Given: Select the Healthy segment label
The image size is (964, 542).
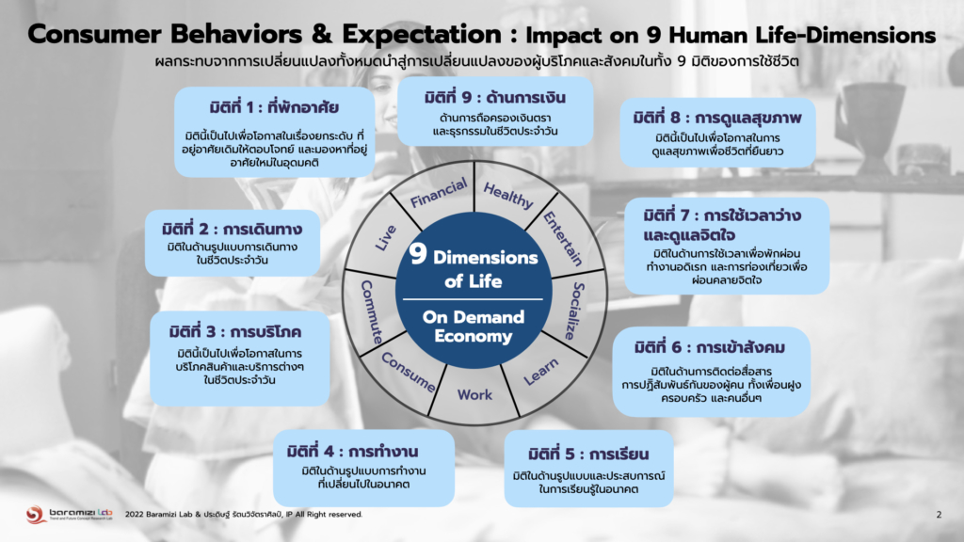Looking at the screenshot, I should pyautogui.click(x=508, y=195).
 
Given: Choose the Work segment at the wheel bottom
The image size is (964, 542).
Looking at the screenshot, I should pyautogui.click(x=474, y=395).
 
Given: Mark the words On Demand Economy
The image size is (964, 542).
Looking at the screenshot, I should pyautogui.click(x=473, y=327).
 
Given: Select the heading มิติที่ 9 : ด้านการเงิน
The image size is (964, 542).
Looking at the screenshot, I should pyautogui.click(x=495, y=96).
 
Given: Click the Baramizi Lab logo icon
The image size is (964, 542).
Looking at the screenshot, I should pyautogui.click(x=34, y=515).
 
